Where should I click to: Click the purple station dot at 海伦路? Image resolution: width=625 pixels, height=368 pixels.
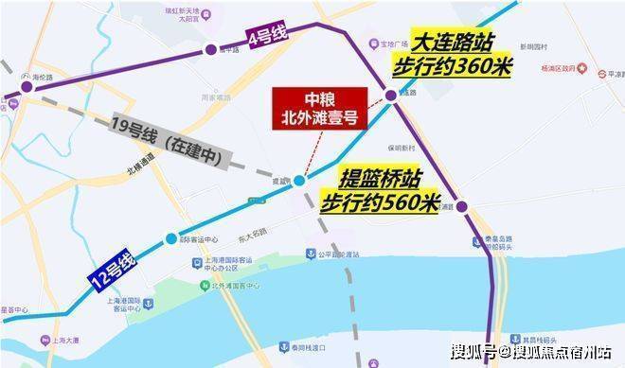pyautogui.click(x=27, y=86)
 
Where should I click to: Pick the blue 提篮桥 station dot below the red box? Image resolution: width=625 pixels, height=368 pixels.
pyautogui.click(x=299, y=180)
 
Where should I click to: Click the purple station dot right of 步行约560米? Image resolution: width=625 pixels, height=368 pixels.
pyautogui.click(x=463, y=207)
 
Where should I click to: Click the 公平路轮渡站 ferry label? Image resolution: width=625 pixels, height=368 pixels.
pyautogui.click(x=342, y=254)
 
